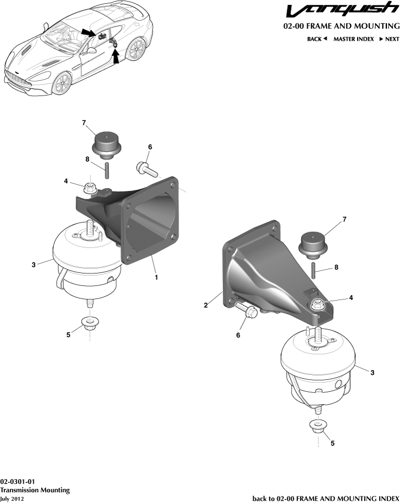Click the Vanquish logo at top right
341,11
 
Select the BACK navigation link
317,39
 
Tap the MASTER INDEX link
353,39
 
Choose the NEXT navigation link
389,39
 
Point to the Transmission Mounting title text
35,490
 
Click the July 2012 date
12,498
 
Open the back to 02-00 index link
326,498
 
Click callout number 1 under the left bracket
156,277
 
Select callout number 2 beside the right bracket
206,305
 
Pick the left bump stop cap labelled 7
106,144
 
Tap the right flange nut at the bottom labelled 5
317,426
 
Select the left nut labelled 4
90,189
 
